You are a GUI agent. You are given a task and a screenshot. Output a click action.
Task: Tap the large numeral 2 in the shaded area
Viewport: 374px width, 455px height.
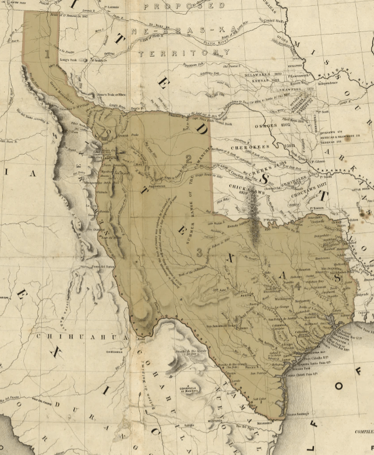point(189,159)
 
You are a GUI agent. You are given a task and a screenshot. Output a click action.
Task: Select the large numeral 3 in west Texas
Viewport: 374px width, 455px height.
point(200,252)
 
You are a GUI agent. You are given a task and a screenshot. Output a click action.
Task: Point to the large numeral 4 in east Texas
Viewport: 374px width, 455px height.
point(298,286)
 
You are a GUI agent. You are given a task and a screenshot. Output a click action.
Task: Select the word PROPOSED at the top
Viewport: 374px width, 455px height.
point(184,6)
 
